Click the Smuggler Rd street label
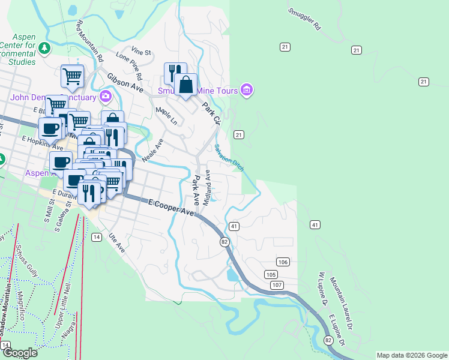pos(304,19)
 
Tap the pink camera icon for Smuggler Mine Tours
pos(246,91)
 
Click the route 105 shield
pos(271,274)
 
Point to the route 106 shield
pos(283,262)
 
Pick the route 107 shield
pos(277,284)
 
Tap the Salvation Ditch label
pos(229,158)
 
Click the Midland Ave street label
pos(207,187)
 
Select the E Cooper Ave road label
pos(172,208)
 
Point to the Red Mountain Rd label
pos(90,41)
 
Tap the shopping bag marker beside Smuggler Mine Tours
pos(186,86)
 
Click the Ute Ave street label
pos(116,242)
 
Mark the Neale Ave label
pos(152,150)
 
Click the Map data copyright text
pos(411,355)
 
